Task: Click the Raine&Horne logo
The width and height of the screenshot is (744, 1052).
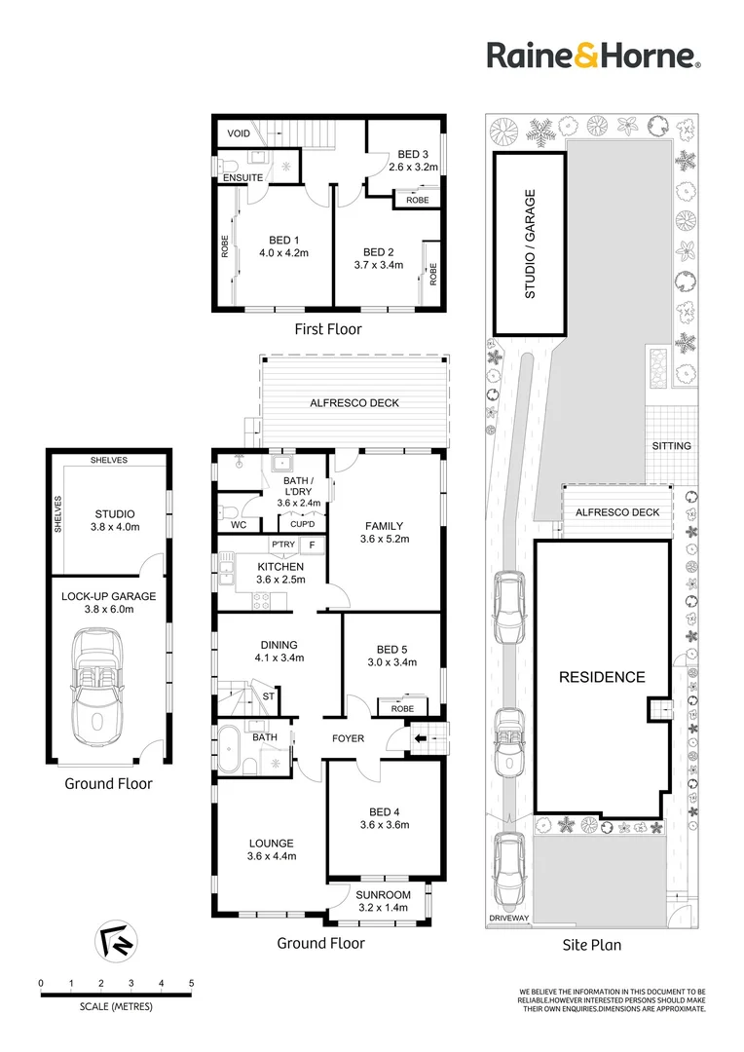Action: [594, 55]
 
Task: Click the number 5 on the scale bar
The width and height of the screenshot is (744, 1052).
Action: [191, 983]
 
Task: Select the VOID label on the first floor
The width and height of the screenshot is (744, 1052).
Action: [239, 133]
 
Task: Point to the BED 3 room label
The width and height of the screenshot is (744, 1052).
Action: [413, 154]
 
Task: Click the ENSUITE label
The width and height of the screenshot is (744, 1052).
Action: [242, 178]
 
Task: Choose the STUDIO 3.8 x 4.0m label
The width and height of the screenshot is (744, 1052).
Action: [115, 520]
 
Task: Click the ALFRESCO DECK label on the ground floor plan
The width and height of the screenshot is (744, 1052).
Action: [354, 403]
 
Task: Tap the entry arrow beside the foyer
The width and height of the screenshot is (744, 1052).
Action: [421, 738]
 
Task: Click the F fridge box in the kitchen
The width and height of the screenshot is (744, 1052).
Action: [312, 545]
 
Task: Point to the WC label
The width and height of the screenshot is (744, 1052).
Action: [239, 525]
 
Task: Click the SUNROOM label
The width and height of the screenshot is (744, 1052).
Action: [383, 895]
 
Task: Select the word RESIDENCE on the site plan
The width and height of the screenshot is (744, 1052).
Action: [602, 677]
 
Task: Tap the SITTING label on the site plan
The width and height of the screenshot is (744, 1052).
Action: [672, 445]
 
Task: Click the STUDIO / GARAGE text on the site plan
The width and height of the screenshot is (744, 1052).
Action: [530, 244]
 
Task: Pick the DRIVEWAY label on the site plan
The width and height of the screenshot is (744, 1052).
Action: [509, 918]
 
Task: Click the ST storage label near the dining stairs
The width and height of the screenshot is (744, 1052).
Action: [269, 696]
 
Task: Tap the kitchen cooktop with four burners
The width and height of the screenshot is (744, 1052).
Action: [261, 600]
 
